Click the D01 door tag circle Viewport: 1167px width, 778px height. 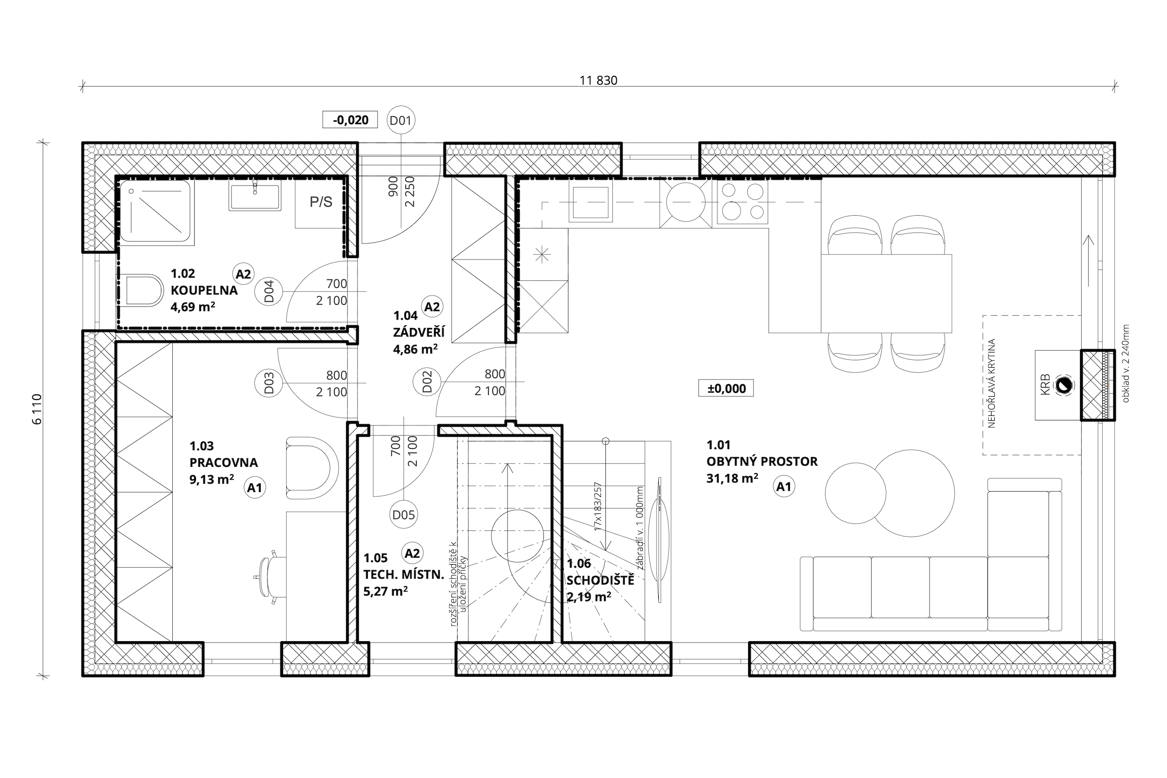[400, 120]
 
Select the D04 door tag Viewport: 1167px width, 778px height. [269, 291]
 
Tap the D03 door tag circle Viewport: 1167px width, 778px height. [269, 383]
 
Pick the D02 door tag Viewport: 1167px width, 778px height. [427, 382]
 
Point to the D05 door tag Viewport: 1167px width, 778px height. [403, 514]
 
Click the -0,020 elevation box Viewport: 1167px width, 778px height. [350, 119]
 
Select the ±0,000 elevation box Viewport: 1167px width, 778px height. [726, 388]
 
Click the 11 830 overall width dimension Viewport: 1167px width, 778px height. [598, 81]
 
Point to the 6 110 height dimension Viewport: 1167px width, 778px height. [37, 410]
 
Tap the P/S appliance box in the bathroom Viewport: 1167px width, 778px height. [320, 202]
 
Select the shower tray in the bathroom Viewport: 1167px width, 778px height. [157, 212]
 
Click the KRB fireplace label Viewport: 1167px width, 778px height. [1044, 385]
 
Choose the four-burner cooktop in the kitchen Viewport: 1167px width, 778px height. [743, 202]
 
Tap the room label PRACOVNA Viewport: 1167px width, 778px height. [224, 462]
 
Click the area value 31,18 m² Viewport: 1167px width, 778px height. [732, 478]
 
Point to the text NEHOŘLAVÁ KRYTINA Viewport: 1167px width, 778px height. [991, 383]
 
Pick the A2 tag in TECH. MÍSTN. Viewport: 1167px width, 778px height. [412, 553]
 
